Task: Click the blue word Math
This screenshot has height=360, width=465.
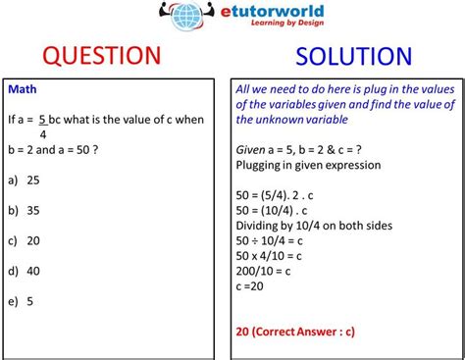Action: pyautogui.click(x=23, y=89)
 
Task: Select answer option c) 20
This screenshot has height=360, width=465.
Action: pyautogui.click(x=26, y=241)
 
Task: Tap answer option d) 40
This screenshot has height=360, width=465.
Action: pyautogui.click(x=26, y=272)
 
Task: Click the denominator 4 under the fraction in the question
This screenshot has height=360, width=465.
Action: pyautogui.click(x=43, y=135)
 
